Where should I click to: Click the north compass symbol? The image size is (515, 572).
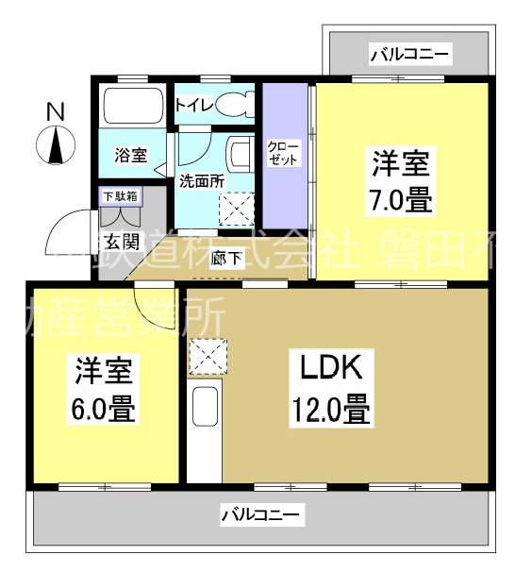[x=56, y=146]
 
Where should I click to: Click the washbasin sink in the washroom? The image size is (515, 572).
[x=240, y=155]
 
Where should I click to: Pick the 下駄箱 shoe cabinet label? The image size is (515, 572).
[x=120, y=197]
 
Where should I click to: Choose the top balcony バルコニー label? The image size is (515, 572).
[x=409, y=53]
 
